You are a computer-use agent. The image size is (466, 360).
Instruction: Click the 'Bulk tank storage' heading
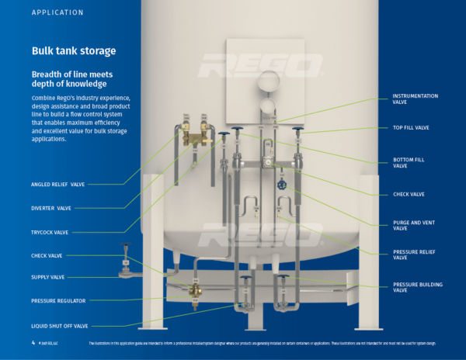click(74, 51)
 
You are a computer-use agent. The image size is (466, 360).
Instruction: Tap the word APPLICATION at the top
click(57, 13)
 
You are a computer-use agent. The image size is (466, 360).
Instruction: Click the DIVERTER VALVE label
click(51, 208)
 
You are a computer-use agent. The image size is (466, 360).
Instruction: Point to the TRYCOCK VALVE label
click(50, 232)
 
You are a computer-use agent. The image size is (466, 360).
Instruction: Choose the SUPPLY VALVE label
click(48, 277)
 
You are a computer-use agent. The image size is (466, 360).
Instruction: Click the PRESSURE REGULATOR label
click(58, 300)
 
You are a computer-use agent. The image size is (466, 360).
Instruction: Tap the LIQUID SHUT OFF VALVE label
click(60, 326)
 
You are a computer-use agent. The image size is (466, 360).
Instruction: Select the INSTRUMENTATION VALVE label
click(415, 99)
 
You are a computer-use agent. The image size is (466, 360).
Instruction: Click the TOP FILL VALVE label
click(412, 127)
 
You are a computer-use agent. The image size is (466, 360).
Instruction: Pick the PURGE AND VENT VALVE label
click(411, 226)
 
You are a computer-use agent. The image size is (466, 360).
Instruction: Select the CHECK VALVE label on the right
click(409, 194)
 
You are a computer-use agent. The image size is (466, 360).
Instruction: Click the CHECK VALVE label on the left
click(47, 254)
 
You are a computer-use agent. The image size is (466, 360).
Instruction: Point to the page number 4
click(33, 342)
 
